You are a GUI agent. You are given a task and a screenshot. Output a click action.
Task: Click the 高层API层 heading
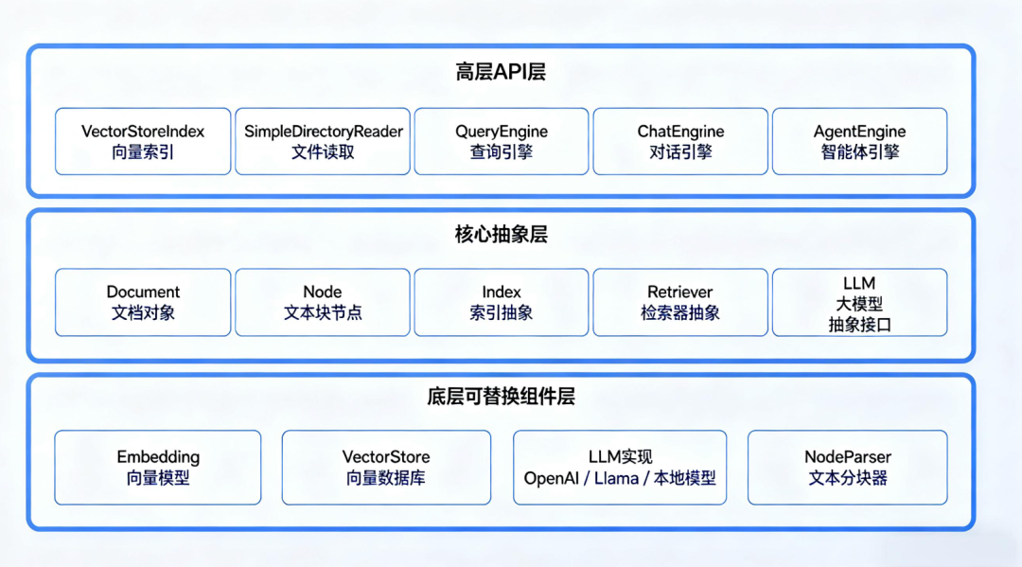point(501,72)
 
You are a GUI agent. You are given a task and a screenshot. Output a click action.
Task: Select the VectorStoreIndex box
point(143,141)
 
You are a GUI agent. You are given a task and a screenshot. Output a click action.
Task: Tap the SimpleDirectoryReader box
point(323,141)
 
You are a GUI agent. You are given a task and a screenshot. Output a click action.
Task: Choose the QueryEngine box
point(502,141)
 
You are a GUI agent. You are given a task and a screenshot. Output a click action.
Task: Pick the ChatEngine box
point(680,141)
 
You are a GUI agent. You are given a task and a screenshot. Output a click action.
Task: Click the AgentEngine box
point(859,141)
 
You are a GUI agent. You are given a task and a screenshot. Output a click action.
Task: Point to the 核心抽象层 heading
point(501,235)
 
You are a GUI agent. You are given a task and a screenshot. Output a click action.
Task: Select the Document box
point(143,302)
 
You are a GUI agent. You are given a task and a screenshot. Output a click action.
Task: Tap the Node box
point(323,302)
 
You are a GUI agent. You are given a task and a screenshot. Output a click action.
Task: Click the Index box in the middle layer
point(502,302)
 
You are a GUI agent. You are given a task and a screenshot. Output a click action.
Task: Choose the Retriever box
point(680,302)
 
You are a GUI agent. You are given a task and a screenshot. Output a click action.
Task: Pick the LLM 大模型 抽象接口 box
point(859,302)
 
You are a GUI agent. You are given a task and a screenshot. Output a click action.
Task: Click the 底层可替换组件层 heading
point(501,397)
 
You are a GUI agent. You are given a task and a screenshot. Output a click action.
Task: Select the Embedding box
point(158,468)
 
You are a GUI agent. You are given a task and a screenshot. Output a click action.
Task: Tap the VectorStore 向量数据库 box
point(386,468)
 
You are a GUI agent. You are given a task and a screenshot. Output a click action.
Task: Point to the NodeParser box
point(848,468)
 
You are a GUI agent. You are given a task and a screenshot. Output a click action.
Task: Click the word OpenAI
point(551,479)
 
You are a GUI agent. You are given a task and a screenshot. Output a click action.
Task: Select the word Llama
point(617,479)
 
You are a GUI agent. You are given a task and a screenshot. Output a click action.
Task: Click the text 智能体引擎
point(859,152)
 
